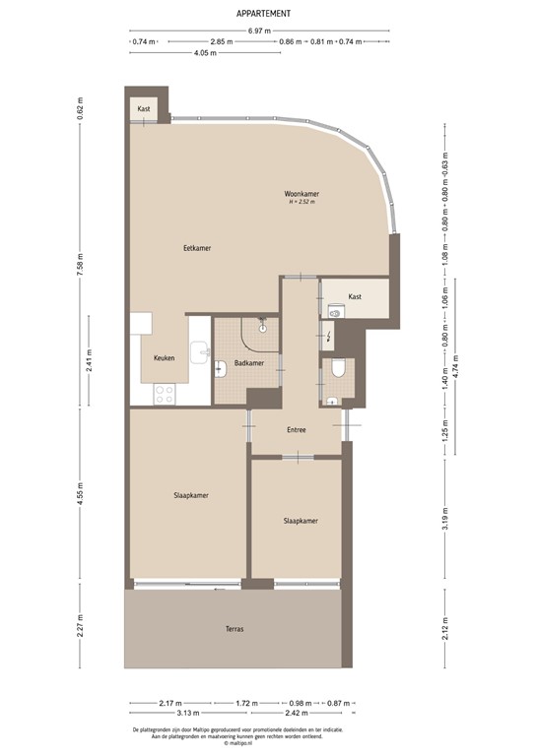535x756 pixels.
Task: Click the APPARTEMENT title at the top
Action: [263, 14]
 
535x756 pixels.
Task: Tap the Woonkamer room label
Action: [301, 194]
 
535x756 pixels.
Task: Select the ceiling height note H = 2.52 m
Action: [301, 203]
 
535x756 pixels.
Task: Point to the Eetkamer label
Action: [198, 248]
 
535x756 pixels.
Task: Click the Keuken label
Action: [165, 358]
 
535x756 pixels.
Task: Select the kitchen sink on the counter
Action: [202, 352]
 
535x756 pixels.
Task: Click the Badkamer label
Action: [248, 363]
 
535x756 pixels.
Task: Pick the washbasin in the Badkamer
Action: [221, 369]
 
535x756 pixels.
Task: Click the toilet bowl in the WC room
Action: [337, 370]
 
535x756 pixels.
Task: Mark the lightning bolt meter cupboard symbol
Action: [328, 335]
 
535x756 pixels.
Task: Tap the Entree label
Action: [297, 430]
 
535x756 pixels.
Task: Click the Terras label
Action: [234, 629]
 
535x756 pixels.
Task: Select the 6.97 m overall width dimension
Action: [259, 31]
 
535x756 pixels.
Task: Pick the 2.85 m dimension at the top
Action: [222, 42]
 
